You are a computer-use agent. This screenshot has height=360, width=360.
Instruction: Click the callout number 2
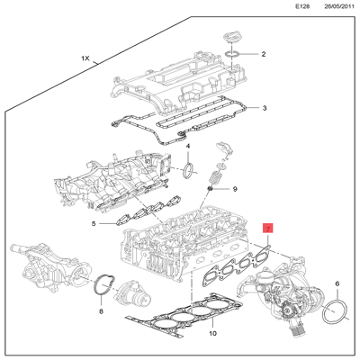click(264, 55)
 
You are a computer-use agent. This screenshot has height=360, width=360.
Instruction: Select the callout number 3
click(264, 109)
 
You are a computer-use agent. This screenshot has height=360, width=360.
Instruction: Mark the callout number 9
click(235, 189)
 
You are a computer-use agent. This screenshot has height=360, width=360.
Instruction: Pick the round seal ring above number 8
click(103, 287)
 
